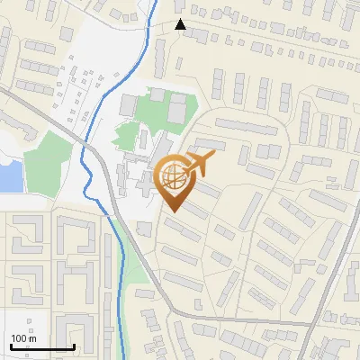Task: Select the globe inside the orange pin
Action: pos(171,177)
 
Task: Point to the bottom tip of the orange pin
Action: pos(171,212)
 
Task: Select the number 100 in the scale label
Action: pos(20,338)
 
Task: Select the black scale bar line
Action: pos(41,347)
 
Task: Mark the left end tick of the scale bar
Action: pos(10,346)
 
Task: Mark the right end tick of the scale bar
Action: pos(74,346)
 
